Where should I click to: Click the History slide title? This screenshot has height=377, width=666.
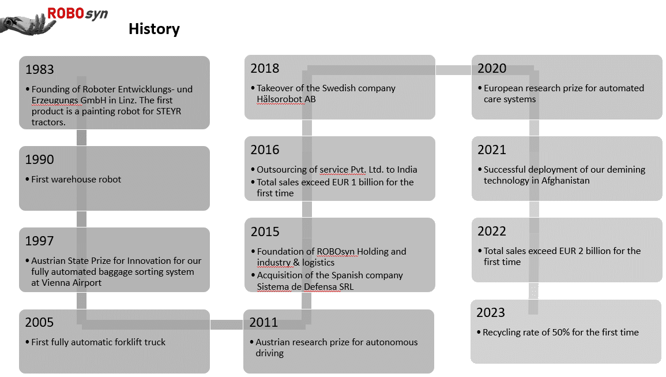[x=154, y=29]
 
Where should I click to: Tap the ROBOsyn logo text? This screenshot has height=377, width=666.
[x=77, y=14]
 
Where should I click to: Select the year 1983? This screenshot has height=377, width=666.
[x=40, y=69]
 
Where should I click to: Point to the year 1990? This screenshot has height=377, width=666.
[x=40, y=159]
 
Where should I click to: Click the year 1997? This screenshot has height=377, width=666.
[x=40, y=241]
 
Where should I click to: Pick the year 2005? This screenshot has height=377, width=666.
[x=40, y=322]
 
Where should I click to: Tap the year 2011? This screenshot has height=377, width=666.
[x=264, y=322]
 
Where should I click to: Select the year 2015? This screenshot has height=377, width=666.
[x=265, y=232]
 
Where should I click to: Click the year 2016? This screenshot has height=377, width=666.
[x=265, y=150]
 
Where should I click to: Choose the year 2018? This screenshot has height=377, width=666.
[x=265, y=68]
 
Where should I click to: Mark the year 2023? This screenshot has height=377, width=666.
[x=491, y=312]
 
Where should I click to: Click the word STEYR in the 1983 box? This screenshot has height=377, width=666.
[x=168, y=111]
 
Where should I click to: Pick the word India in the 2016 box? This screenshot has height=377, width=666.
[x=407, y=169]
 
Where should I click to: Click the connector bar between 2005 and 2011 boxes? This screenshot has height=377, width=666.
[x=227, y=324]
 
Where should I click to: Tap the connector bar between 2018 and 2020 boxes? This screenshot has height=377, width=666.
[x=453, y=70]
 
